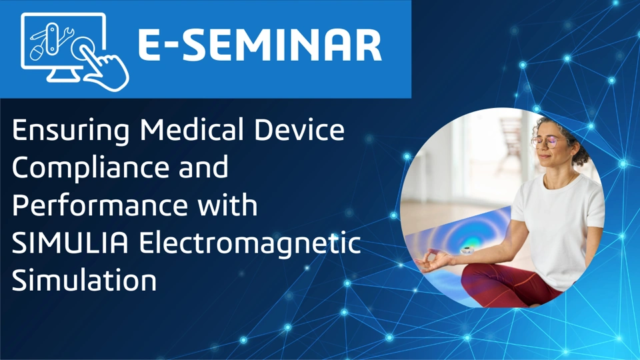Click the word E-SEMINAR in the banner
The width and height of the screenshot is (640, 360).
click(x=259, y=45)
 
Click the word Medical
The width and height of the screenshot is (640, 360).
click(x=192, y=130)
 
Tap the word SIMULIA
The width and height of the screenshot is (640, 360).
click(x=70, y=243)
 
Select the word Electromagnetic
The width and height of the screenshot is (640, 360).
click(x=250, y=244)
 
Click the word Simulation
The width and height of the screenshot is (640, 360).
click(x=84, y=280)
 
